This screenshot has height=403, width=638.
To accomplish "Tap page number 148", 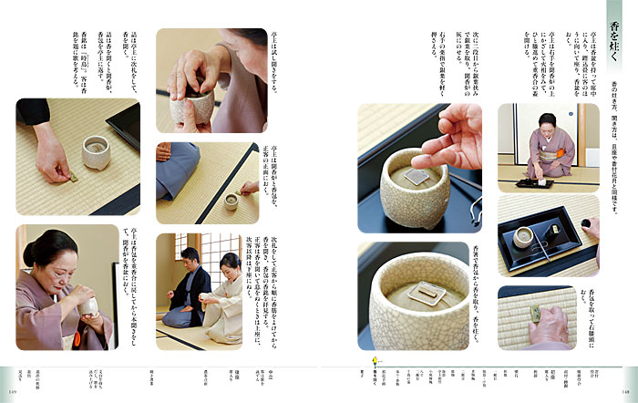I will tap(625, 396).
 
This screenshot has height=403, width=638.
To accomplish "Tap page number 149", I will tap(12, 396).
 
